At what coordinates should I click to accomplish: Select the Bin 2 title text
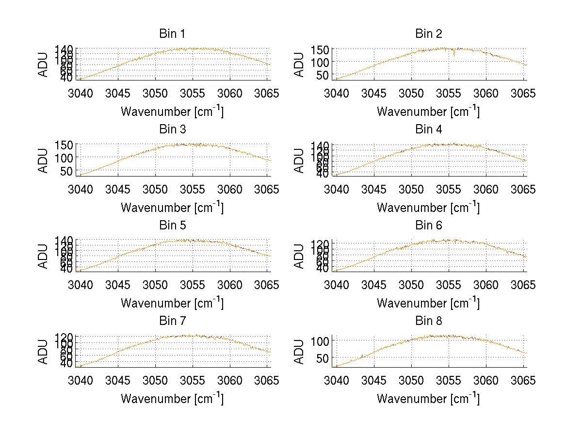[428, 34]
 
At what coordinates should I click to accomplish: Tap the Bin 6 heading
[428, 226]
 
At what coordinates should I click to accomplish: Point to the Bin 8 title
[428, 321]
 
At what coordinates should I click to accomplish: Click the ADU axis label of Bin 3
[44, 160]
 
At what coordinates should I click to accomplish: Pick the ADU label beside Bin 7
[44, 352]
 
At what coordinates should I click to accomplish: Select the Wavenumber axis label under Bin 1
[172, 112]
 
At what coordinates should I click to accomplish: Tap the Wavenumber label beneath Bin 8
[428, 399]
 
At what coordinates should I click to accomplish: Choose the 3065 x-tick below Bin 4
[523, 189]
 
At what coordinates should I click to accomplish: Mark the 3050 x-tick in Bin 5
[155, 284]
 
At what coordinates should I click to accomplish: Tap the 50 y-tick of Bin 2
[324, 75]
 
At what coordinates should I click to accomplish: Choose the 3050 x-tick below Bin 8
[411, 380]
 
